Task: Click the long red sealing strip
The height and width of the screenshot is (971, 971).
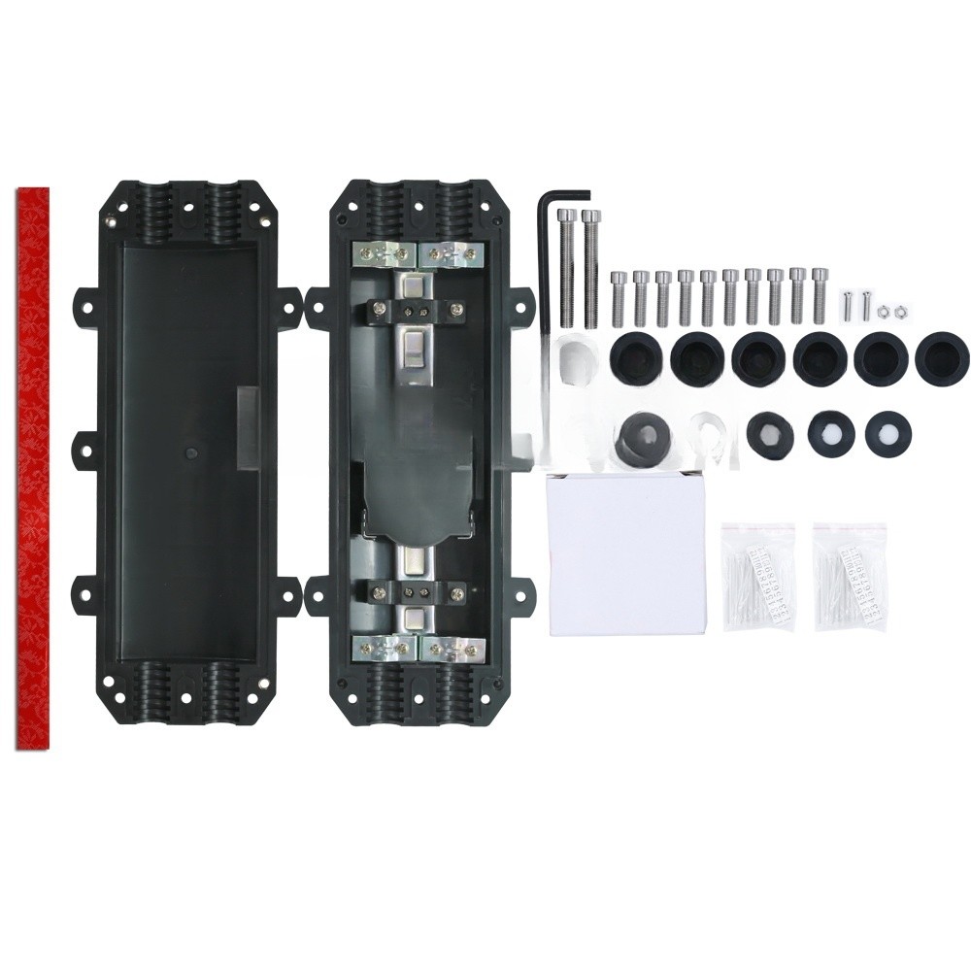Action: [x=33, y=466]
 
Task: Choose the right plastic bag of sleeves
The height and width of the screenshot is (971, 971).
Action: [x=850, y=577]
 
